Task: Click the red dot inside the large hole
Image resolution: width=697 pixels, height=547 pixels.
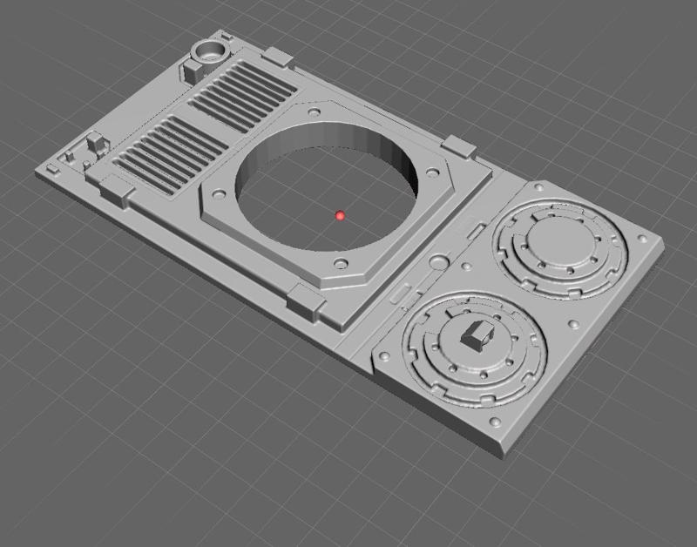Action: [x=340, y=215]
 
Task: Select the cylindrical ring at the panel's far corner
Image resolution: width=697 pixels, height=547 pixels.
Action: [x=210, y=49]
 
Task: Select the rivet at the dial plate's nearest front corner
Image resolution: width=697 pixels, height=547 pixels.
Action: [x=497, y=423]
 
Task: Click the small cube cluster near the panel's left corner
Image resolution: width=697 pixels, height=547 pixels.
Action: [x=94, y=144]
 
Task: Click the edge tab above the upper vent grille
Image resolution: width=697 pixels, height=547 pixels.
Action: [x=277, y=57]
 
